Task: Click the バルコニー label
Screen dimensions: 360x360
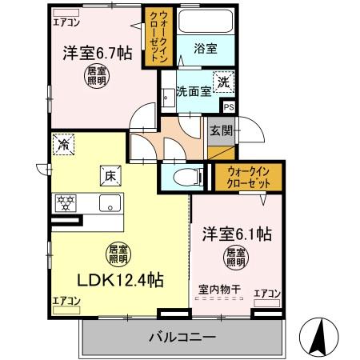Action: (x=182, y=338)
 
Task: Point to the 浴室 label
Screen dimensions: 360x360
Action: (x=206, y=49)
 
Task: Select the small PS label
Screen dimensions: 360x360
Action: (x=229, y=106)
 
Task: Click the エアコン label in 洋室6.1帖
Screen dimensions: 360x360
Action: (x=266, y=294)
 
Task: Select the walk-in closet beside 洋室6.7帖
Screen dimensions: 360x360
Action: (x=156, y=36)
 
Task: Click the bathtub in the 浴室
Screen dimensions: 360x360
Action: (x=205, y=22)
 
